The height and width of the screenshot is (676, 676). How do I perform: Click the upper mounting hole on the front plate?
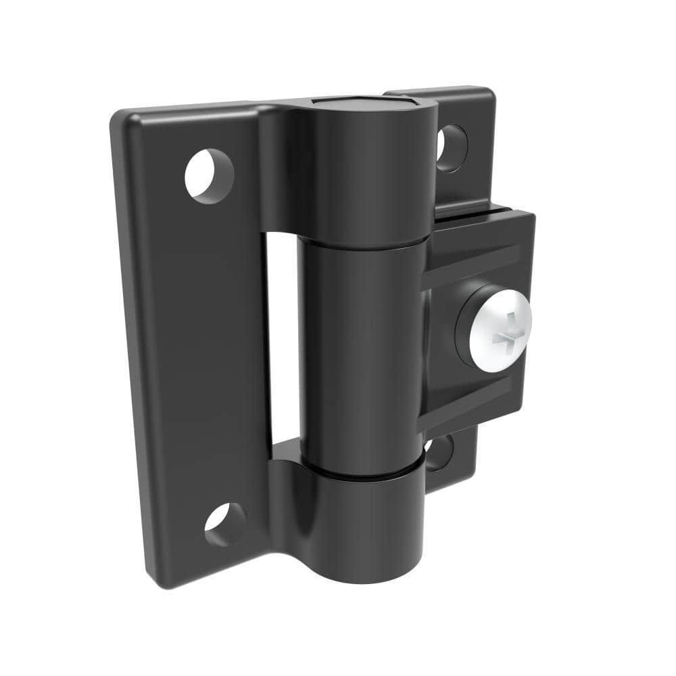point(210,174)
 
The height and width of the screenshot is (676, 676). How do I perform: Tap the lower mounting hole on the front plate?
point(225,525)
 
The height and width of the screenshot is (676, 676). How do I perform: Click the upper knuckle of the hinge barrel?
point(362,176)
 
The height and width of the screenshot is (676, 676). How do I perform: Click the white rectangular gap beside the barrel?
point(283,338)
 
